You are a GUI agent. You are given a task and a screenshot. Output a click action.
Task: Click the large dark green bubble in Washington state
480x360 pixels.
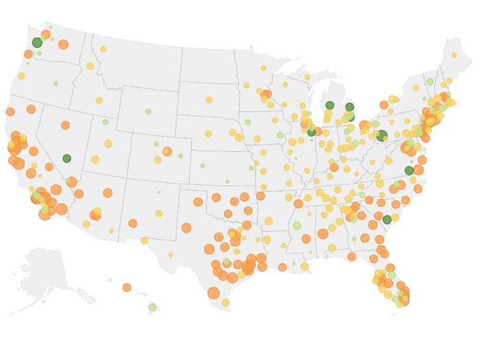(x=37, y=43)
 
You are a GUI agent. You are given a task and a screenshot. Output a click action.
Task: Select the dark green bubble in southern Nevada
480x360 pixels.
(x=67, y=158)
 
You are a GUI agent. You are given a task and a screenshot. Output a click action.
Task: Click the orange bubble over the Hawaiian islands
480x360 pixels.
(x=127, y=287)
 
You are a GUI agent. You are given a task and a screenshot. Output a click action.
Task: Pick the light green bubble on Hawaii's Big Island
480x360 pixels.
(x=152, y=307)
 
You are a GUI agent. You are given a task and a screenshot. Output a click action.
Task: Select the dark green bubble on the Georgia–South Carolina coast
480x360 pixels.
(x=387, y=219)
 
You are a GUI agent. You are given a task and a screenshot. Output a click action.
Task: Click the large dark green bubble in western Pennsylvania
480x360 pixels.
(x=382, y=136)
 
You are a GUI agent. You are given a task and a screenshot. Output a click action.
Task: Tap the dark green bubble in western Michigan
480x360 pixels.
(x=330, y=106)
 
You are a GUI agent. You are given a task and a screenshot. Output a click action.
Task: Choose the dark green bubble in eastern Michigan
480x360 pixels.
(x=349, y=107)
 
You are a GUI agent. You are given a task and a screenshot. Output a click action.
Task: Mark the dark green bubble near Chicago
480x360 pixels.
(x=311, y=132)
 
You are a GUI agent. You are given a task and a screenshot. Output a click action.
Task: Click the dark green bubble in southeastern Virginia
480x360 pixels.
(x=409, y=171)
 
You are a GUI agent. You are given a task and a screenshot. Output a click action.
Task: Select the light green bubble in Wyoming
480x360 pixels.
(x=147, y=112)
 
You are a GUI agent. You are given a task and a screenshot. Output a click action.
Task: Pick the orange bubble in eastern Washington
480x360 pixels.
(x=63, y=44)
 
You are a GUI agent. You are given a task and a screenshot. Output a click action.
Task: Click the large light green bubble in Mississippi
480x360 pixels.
(x=296, y=226)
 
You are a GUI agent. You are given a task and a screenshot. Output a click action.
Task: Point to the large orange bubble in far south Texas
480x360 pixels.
(x=213, y=293)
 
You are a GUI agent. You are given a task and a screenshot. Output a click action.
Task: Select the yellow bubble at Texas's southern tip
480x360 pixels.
(x=225, y=302)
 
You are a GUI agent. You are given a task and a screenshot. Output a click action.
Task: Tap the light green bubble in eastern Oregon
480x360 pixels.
(x=56, y=83)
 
